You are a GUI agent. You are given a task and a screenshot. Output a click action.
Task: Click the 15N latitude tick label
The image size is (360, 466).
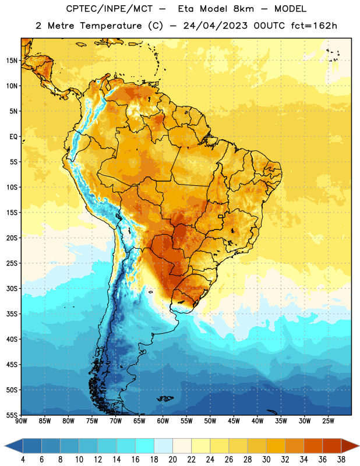coord(12,61)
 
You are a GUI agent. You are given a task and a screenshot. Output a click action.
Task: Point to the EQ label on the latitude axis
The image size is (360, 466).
coord(13,137)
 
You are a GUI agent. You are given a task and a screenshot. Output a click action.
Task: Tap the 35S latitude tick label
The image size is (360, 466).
coord(12,314)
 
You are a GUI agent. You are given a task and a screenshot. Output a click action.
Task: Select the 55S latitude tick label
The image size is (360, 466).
coord(12,415)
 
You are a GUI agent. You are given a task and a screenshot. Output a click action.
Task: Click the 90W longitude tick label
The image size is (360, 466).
coord(21,421)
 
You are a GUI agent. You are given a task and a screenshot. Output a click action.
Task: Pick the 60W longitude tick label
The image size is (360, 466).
coord(163,421)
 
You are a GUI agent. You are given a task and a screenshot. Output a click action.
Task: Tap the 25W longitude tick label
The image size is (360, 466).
coord(328,421)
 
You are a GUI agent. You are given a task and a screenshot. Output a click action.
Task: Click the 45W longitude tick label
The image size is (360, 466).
coord(234,421)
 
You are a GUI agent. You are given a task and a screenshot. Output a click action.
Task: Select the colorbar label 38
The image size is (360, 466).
coord(341,460)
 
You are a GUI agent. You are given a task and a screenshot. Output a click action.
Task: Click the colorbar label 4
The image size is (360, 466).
coord(23,460)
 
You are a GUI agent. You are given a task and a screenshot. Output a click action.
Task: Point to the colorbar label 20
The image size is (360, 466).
coord(172,460)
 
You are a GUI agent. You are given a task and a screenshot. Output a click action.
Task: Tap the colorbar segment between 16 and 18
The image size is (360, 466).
coord(145,446)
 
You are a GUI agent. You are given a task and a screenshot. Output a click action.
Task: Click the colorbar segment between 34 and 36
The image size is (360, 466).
coord(313,446)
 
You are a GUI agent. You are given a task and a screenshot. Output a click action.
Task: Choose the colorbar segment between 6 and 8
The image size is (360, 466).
coord(51,446)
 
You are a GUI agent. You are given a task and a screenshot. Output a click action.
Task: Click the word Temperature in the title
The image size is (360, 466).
coord(111,26)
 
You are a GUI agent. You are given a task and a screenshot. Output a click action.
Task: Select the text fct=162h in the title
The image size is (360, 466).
coord(314,26)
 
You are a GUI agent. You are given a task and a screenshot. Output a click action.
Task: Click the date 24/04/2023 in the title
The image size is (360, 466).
coord(215,26)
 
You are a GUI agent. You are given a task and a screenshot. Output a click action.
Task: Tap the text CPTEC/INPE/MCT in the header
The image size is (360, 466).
coord(109,9)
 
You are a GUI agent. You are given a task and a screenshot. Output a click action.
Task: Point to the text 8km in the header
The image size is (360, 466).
coord(243,9)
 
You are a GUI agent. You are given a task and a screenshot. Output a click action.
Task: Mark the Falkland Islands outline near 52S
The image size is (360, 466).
coord(165,398)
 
